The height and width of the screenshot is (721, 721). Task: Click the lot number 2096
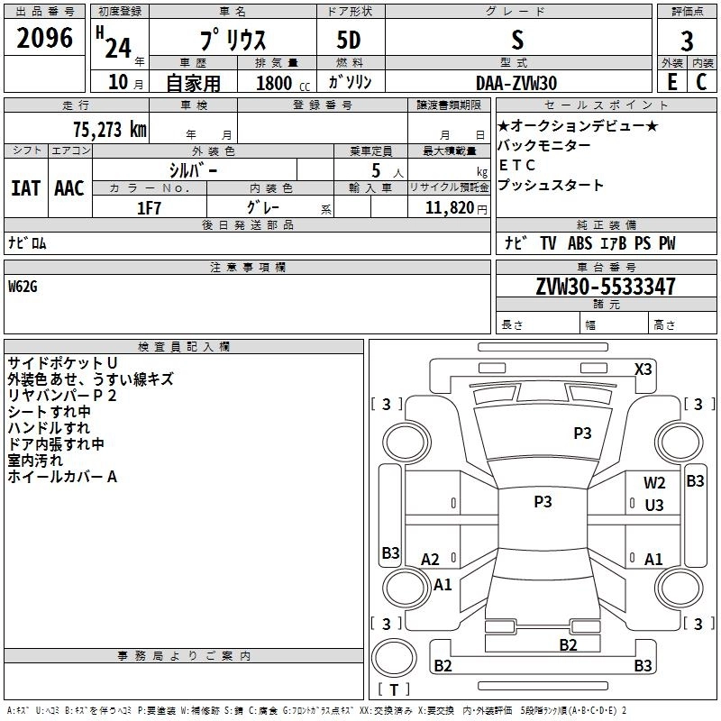coord(44,38)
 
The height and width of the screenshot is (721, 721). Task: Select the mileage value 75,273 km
coord(110,129)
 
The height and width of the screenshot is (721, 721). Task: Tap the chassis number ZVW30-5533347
coord(606,287)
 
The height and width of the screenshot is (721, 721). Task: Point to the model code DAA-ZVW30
coord(516,83)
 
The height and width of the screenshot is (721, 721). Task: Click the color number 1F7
coord(149,208)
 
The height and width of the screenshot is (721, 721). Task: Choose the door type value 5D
coord(349,41)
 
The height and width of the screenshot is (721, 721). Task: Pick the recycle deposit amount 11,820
coord(449,208)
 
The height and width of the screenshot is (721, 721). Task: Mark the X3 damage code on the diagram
coord(643,370)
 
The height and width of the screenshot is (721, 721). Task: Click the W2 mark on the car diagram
coord(654,483)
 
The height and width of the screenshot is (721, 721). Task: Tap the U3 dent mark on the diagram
coord(654,506)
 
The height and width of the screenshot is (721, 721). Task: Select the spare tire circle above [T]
coord(394,658)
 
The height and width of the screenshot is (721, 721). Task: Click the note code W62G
coord(23,287)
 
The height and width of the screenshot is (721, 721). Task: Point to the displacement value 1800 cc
coord(283,84)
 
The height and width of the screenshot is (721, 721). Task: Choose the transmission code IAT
coord(26,188)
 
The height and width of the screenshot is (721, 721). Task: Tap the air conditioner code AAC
coord(69,188)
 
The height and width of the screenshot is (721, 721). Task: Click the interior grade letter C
coord(701,82)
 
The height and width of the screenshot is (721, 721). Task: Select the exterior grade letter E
coord(672,82)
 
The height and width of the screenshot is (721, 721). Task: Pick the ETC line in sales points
coord(516,165)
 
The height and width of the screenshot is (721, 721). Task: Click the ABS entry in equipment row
coord(580,243)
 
